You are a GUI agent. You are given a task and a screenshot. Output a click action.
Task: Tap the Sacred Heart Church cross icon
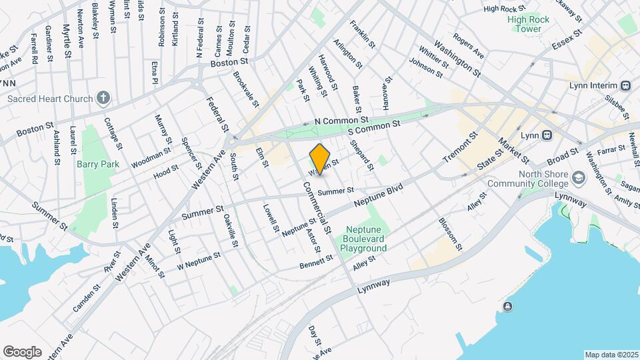click(x=103, y=99)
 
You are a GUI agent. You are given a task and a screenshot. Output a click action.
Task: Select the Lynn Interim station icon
click(x=625, y=85)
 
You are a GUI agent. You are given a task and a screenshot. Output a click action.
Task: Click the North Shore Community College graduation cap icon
click(x=578, y=177)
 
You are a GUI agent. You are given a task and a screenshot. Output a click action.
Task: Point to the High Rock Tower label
click(x=529, y=24)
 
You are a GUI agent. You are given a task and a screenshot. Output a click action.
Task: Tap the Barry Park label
click(x=96, y=163)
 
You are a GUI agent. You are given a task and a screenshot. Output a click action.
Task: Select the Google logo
click(x=22, y=351)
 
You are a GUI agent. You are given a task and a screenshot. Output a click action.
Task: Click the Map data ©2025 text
click(x=611, y=355)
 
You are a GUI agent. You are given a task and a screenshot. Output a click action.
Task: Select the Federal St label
click(x=218, y=113)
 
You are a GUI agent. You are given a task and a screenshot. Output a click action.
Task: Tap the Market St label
click(x=513, y=151)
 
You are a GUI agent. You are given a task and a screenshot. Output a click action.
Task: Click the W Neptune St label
click(x=199, y=261)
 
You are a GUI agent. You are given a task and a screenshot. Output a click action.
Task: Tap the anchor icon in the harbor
click(x=508, y=306)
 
